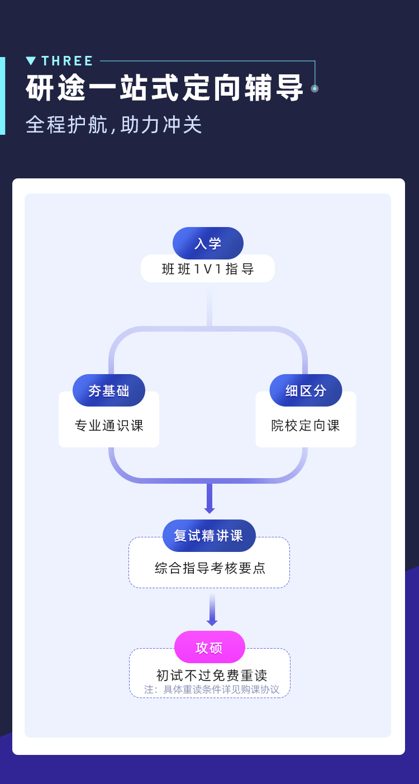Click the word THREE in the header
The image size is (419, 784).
67,61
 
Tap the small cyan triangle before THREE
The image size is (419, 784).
31,61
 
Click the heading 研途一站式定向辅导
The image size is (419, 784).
165,88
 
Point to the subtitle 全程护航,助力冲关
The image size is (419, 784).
114,125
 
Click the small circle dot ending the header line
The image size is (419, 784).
315,88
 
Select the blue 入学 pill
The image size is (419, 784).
208,243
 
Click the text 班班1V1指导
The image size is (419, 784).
208,269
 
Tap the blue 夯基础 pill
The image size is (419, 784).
109,390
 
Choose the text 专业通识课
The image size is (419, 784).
109,426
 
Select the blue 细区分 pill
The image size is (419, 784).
306,390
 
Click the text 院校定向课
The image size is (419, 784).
306,426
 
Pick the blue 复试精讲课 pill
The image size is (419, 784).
209,536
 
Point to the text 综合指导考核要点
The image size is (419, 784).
210,568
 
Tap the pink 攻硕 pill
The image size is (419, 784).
209,648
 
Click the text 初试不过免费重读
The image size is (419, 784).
212,676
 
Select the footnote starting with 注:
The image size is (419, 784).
212,689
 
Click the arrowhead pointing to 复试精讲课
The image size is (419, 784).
209,510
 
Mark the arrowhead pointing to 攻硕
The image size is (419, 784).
212,622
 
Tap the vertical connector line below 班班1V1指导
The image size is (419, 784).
209,305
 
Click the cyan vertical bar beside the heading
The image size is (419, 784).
2,96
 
